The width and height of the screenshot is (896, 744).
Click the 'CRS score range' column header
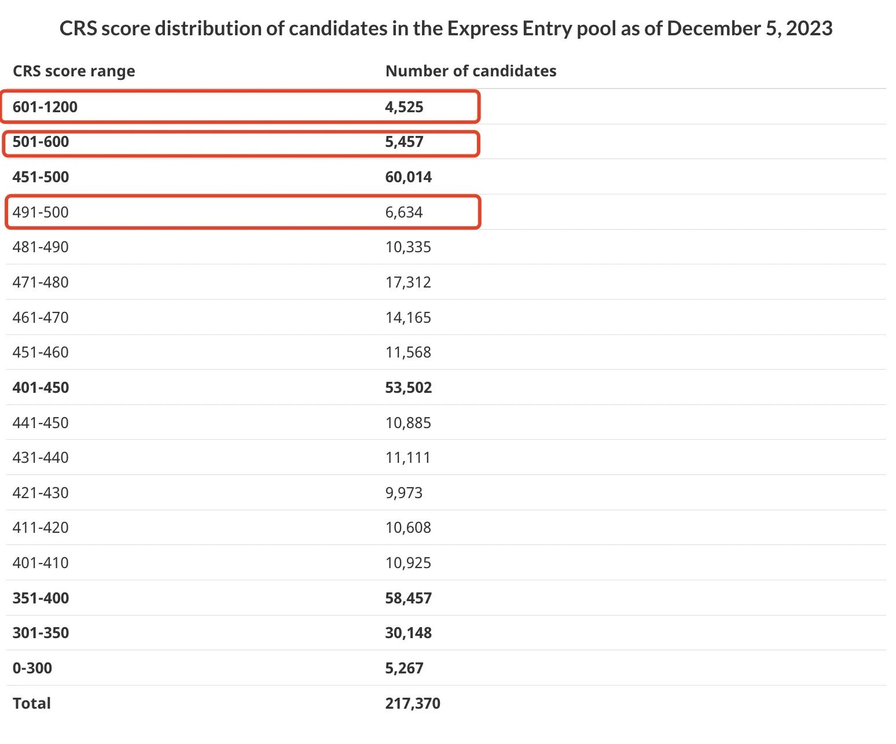74,71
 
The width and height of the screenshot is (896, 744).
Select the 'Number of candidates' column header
471,71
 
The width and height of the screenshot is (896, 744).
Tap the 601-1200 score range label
45,107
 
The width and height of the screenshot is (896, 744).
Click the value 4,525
404,107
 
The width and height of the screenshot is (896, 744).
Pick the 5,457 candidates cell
404,142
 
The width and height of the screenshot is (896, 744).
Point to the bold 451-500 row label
41,177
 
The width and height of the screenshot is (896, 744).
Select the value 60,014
408,177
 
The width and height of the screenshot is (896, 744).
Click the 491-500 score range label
41,212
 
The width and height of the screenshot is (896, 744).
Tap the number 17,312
408,282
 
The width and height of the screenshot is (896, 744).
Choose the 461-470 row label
41,318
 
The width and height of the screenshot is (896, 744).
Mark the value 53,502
408,388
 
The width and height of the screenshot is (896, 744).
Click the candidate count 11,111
408,458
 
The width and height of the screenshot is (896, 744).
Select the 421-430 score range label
41,493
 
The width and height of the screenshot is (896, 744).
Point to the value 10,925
408,563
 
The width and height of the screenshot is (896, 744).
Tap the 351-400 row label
41,598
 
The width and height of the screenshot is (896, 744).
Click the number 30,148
408,633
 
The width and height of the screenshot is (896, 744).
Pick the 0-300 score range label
32,668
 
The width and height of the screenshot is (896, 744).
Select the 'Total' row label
32,704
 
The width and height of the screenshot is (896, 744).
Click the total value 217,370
413,704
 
